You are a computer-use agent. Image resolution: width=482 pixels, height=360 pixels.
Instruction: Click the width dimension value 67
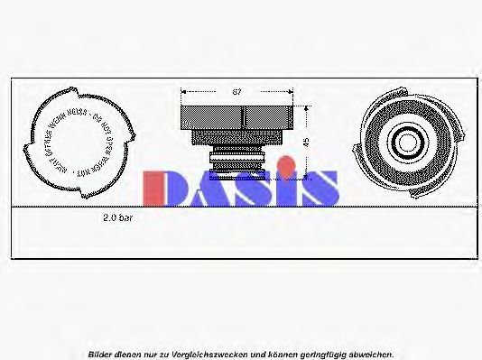point(236,92)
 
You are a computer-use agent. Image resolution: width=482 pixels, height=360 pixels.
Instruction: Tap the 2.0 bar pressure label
point(118,218)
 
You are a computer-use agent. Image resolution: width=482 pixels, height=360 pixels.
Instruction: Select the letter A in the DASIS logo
point(207,189)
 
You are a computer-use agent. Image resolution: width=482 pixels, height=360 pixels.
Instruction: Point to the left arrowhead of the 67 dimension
point(184,91)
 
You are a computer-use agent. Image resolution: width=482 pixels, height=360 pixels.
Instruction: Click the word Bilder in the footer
point(102,354)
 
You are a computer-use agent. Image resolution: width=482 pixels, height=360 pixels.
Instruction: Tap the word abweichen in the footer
point(372,354)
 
